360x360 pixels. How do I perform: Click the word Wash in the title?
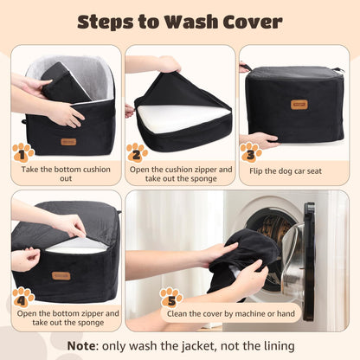point(190,21)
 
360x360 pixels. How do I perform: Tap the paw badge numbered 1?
point(23,154)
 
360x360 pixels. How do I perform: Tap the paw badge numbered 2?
point(137,154)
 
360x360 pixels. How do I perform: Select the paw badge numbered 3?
point(251,153)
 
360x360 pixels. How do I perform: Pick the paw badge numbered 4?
point(23,299)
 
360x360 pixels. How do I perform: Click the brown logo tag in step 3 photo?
point(299,105)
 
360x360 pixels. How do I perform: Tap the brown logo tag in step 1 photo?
point(67,141)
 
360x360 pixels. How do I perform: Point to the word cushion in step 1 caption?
point(95,170)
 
